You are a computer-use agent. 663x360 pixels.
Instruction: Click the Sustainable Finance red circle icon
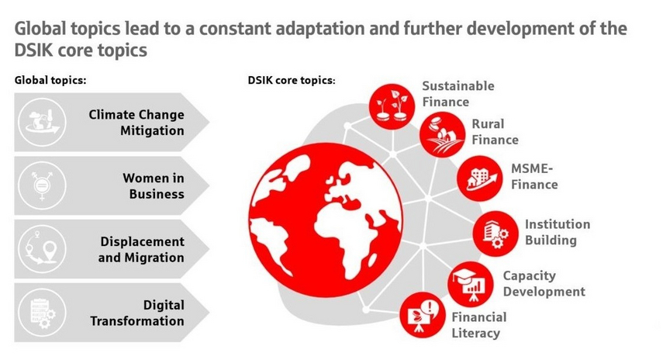[x=392, y=106]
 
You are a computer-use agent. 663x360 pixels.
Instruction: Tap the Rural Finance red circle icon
[x=442, y=134]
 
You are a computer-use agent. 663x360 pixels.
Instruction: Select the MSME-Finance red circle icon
[x=479, y=178]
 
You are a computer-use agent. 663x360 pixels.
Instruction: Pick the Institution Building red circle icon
[x=496, y=234]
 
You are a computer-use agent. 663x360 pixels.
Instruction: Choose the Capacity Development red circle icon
[x=471, y=284]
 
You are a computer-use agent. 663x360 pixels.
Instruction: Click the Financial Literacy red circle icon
[x=423, y=315]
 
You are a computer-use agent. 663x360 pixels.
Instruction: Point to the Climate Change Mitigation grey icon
[x=42, y=123]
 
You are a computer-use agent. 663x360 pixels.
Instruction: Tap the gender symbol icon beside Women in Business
[x=42, y=185]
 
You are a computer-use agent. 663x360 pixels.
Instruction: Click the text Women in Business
[x=154, y=186]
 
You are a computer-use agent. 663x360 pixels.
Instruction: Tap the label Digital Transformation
[x=137, y=313]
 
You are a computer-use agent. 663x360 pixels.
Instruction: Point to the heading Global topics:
[x=50, y=81]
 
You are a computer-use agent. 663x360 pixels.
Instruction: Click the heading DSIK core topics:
[x=292, y=81]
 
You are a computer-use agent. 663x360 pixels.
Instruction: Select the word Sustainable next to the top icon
[x=458, y=86]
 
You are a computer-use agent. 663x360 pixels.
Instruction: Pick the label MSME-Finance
[x=534, y=176]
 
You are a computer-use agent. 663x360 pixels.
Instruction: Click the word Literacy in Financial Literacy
[x=475, y=334]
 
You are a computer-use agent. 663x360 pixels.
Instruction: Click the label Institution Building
[x=558, y=232]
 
